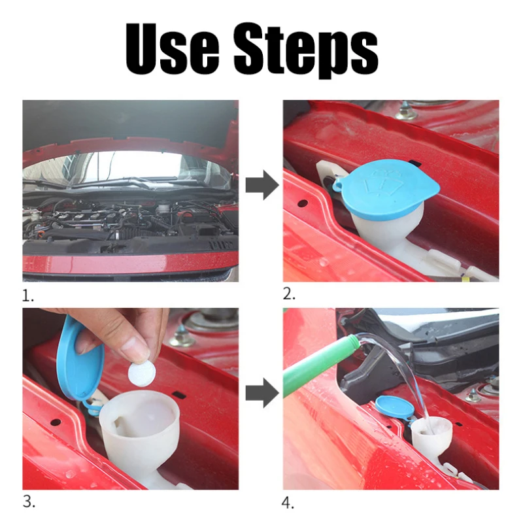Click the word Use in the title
(x=172, y=50)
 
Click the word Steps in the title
(x=306, y=51)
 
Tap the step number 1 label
(x=27, y=296)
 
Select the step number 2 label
(x=289, y=294)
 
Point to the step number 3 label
(x=29, y=502)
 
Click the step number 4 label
(x=288, y=503)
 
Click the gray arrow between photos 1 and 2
(x=262, y=185)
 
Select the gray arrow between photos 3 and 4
(x=262, y=393)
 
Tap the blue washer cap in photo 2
(x=386, y=190)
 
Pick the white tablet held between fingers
(x=142, y=375)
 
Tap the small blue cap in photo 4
(x=394, y=407)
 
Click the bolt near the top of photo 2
(x=405, y=112)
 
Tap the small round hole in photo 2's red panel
(x=303, y=203)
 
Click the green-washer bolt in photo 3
(x=182, y=335)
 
